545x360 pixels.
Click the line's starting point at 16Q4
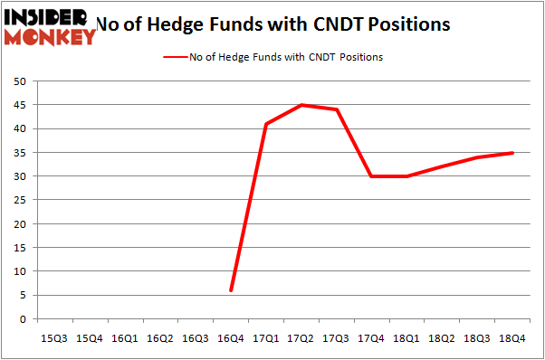(x=231, y=290)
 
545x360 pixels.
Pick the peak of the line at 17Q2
(x=301, y=105)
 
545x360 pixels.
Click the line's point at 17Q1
(x=266, y=124)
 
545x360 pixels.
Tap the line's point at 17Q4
(x=372, y=176)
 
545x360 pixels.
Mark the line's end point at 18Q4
(x=513, y=153)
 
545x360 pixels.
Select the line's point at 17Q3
(x=337, y=109)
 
